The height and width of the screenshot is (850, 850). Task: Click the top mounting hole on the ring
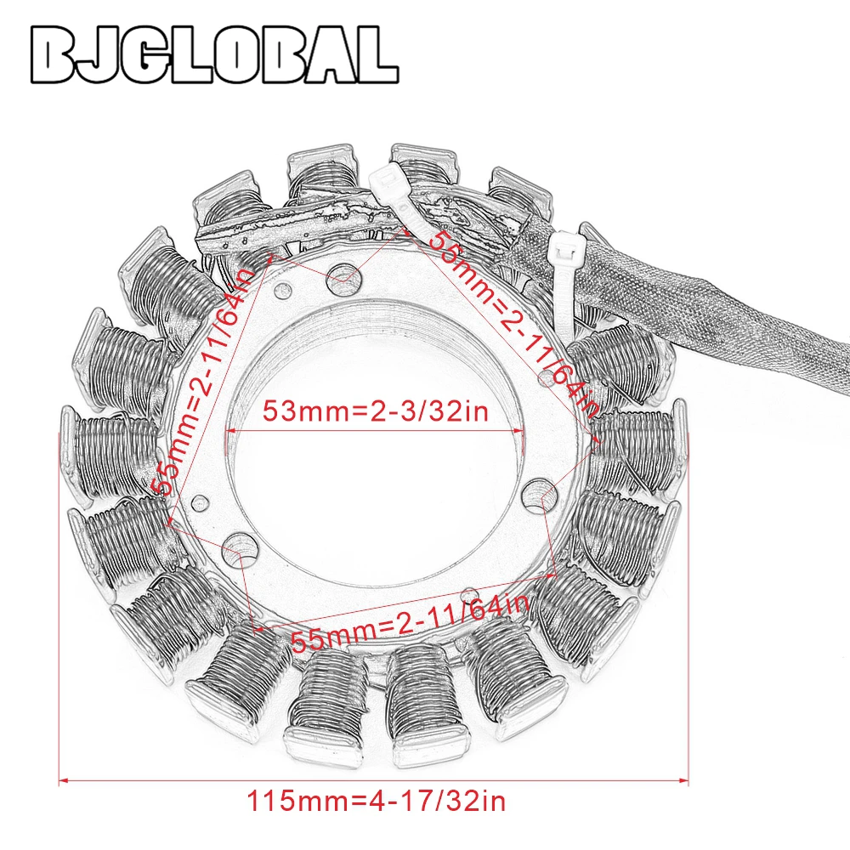pos(344,275)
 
